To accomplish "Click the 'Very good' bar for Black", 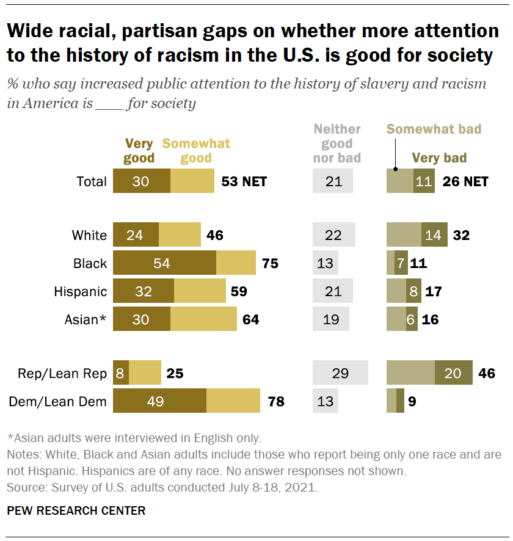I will tap(164, 263).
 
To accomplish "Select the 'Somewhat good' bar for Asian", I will tap(203, 319).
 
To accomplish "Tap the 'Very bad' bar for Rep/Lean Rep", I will tap(454, 373).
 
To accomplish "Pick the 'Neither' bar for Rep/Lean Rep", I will tap(340, 373).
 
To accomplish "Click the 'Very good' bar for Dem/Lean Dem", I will tap(159, 401).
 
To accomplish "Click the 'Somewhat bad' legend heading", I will tap(434, 129).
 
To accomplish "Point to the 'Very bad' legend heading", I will tap(439, 158).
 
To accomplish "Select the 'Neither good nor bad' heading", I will tap(337, 143).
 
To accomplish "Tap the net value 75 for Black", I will tap(269, 263).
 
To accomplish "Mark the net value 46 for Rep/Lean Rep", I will tap(487, 373).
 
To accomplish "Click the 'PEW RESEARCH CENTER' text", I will tap(76, 510).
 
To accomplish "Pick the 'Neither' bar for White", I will tap(333, 235).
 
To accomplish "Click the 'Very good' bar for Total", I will tap(142, 181).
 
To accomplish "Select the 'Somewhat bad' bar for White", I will tap(404, 235).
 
